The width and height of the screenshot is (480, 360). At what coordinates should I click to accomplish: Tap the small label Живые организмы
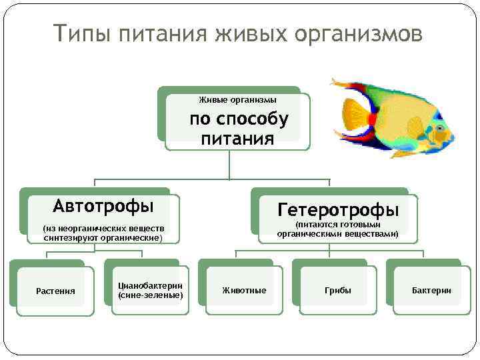(238, 100)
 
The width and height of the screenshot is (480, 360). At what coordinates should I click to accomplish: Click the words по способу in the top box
(239, 119)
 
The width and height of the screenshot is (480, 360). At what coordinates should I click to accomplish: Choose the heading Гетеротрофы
(338, 210)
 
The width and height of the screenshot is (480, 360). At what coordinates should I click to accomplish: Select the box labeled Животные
(244, 291)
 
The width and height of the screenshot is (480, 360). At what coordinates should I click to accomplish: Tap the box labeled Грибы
(338, 291)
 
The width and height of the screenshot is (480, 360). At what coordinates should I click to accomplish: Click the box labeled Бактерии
(431, 291)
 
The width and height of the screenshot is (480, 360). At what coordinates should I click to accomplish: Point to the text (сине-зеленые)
(150, 294)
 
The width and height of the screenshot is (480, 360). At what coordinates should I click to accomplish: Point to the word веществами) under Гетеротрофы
(375, 234)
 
